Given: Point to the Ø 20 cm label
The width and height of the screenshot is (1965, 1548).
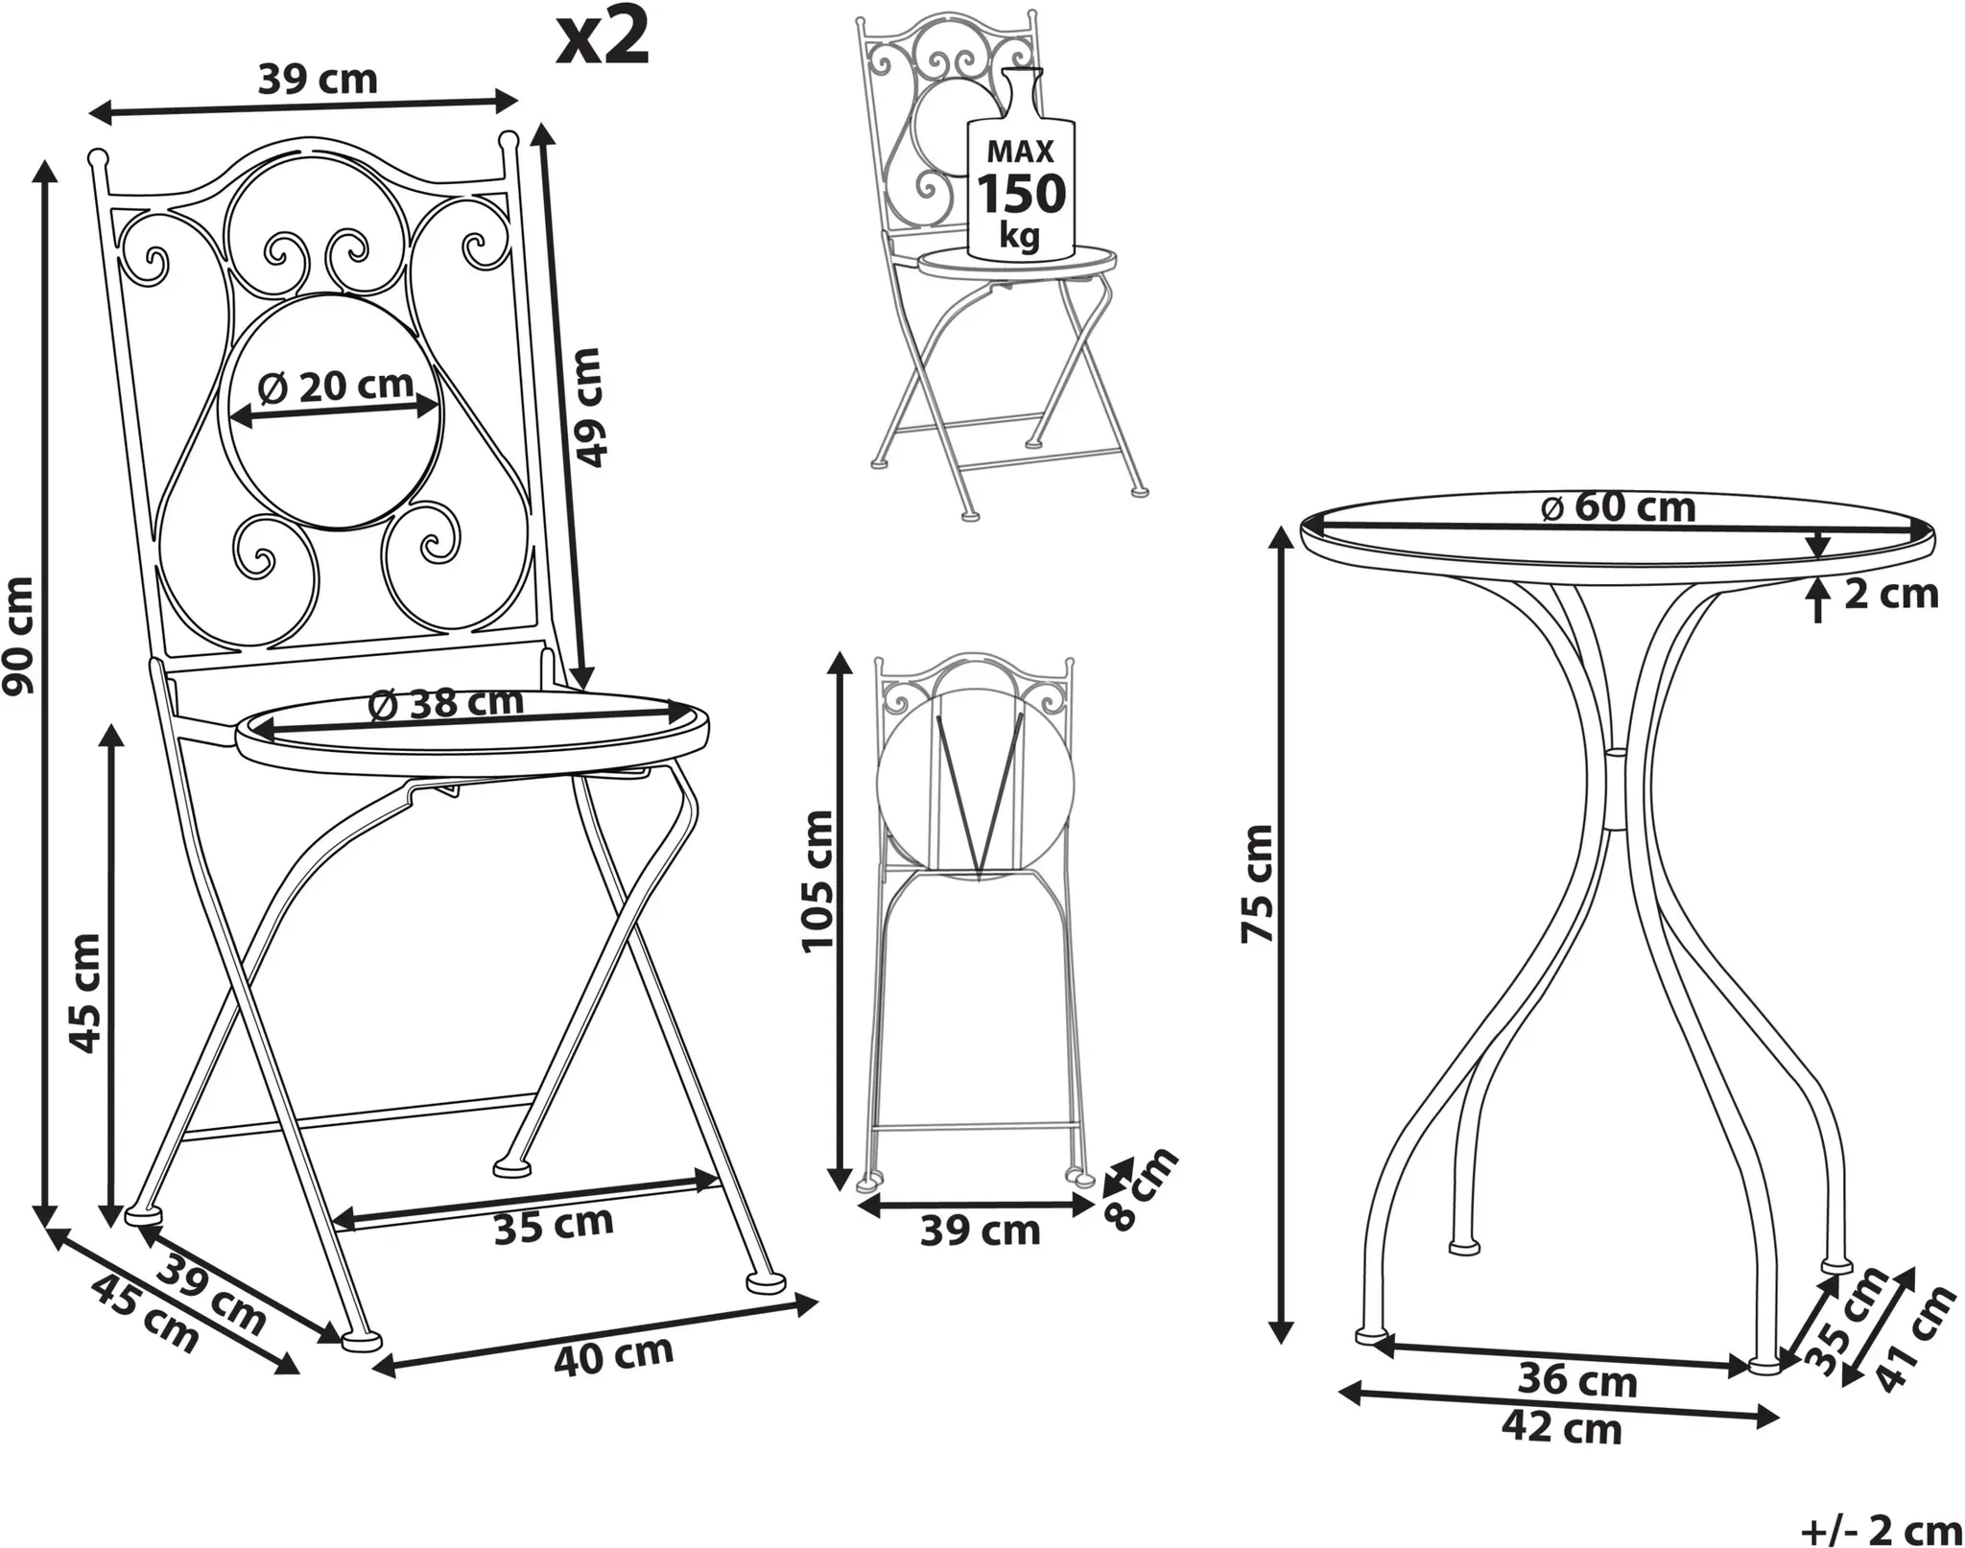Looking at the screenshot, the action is [336, 387].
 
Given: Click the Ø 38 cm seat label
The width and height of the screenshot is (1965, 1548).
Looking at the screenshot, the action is [446, 704].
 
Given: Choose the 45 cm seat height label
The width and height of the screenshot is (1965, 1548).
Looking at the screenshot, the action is [86, 994].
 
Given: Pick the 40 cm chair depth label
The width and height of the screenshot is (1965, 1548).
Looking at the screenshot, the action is [614, 1354].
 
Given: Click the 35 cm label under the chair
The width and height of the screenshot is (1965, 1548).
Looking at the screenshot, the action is [554, 1226].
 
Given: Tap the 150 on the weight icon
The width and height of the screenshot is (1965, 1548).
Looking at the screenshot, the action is [1021, 194].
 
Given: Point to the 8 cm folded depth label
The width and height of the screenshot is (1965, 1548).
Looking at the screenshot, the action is [1141, 1189].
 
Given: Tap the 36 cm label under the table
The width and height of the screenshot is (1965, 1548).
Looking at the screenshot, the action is [1577, 1380].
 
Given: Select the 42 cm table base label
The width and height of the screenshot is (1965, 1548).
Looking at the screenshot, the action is [1561, 1427].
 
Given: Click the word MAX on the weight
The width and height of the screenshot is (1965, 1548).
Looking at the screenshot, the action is [1021, 152].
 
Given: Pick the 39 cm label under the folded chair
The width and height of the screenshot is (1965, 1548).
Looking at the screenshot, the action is [980, 1231].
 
